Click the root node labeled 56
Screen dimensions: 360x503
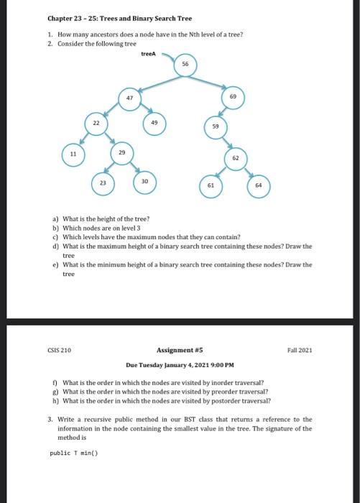coord(185,64)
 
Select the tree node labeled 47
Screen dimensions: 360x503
coord(129,98)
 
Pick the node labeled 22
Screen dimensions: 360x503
coord(96,124)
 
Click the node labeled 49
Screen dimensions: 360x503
coord(154,123)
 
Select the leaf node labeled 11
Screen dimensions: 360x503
coord(73,154)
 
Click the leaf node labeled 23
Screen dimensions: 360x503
coord(103,183)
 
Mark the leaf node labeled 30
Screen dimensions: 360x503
coord(144,183)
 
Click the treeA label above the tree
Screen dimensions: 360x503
coord(149,52)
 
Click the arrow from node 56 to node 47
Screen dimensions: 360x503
coord(159,81)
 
